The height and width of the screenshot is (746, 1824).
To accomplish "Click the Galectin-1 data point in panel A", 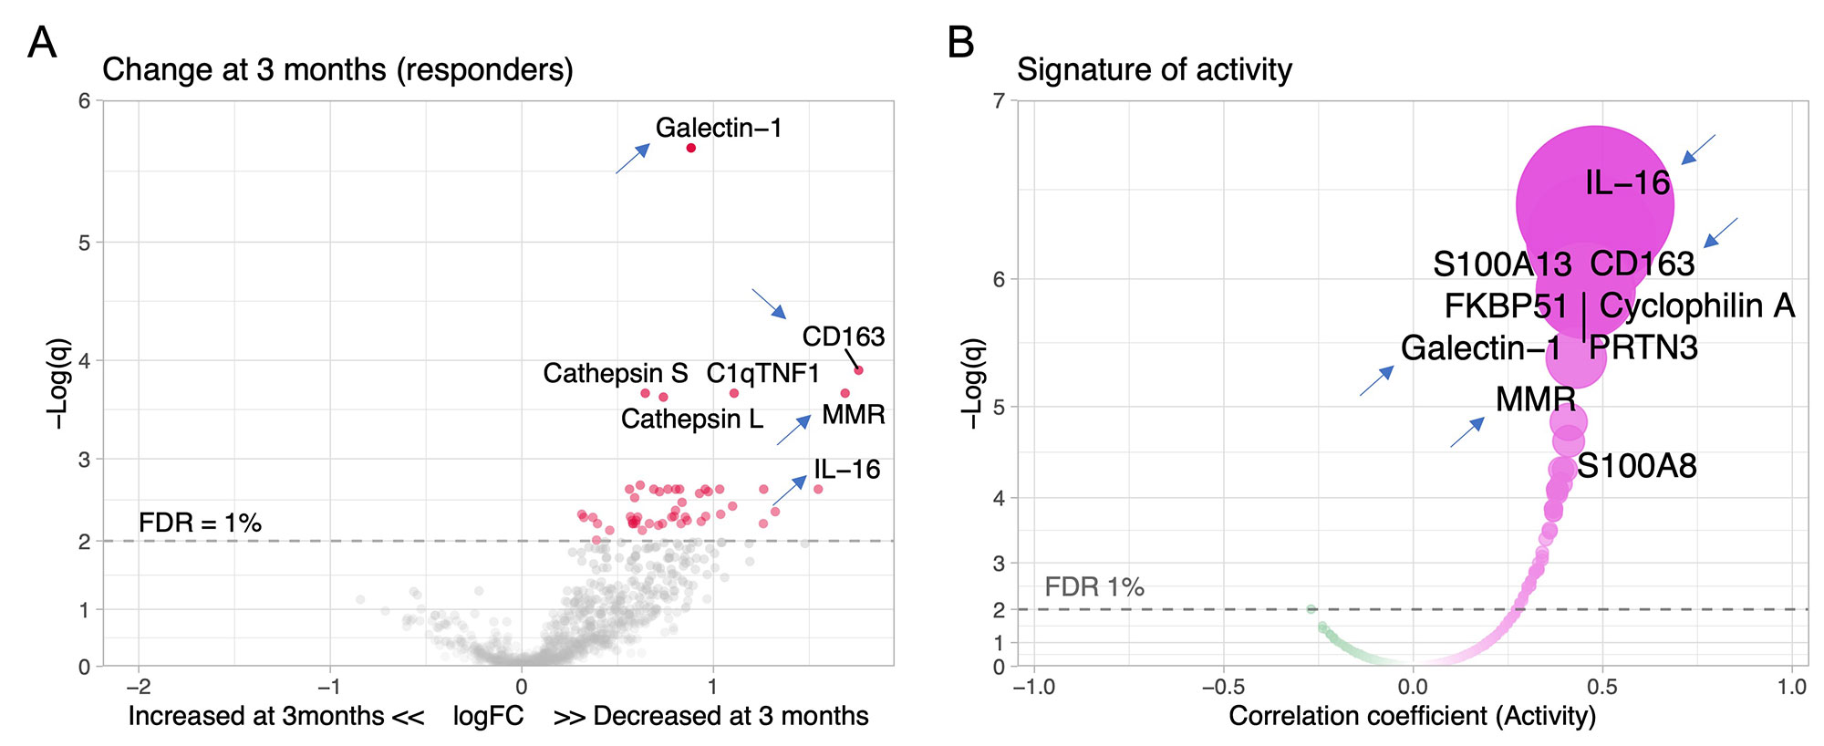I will (691, 148).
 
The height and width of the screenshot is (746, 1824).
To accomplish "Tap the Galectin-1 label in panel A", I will (719, 128).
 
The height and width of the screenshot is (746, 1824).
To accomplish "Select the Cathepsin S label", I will (616, 373).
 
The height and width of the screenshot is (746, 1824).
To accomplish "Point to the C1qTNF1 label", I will (762, 373).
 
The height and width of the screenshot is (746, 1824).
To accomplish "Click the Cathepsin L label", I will (692, 419).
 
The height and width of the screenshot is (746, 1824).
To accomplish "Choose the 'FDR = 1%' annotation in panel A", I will (200, 523).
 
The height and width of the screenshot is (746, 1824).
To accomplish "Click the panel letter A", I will (42, 43).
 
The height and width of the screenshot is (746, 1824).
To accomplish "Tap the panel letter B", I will (961, 43).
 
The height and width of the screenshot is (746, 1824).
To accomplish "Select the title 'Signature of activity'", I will (1155, 69).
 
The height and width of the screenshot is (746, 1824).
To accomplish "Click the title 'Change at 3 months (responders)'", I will (337, 69).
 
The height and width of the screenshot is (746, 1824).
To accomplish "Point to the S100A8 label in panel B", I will (1637, 466).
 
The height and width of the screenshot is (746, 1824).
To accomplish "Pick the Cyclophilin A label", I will (1697, 306).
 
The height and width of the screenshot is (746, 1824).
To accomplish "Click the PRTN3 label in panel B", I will (1643, 347).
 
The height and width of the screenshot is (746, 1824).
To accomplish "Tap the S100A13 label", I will (1502, 264).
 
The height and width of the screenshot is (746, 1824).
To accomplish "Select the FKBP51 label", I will (1506, 306).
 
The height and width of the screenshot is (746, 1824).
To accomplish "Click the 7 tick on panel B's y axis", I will (999, 100).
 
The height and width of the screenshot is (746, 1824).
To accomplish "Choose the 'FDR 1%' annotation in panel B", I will (1094, 586).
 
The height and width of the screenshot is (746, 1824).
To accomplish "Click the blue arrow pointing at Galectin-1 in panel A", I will (633, 158).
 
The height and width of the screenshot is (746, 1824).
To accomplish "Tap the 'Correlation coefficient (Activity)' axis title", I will (1412, 716).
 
